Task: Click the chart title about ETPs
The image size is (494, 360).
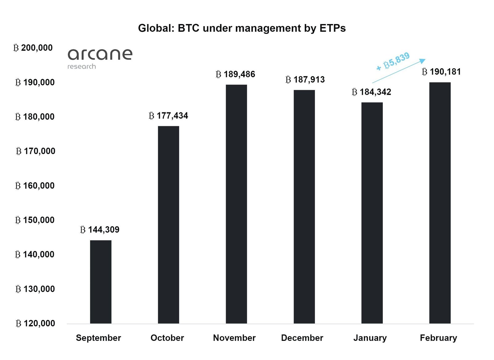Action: pos(242,28)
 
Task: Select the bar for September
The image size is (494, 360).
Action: pos(101,282)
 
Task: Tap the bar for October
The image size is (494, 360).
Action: pos(168,225)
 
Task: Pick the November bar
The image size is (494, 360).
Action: pos(236,204)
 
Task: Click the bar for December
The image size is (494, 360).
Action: pos(304,207)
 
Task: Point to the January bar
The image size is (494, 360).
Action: pos(372,213)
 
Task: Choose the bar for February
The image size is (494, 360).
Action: pos(440,203)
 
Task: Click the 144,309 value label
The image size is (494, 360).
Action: pos(100,230)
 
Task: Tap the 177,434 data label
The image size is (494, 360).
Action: pos(168,116)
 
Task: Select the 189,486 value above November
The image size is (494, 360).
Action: pos(236,74)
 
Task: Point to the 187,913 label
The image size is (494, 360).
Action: pos(305,80)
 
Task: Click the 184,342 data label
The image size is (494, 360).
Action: pos(371,92)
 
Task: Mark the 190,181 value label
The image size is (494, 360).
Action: pos(441,72)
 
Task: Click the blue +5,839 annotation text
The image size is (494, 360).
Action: pos(393,61)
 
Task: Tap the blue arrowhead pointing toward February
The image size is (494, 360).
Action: pos(423,61)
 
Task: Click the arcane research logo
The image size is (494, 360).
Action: pos(100,58)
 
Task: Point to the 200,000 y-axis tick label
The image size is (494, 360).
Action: pos(33,48)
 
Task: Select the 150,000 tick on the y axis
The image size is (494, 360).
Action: pos(35,220)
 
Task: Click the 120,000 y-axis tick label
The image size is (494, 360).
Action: pos(35,323)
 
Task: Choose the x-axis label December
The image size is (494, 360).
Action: pos(302,338)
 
